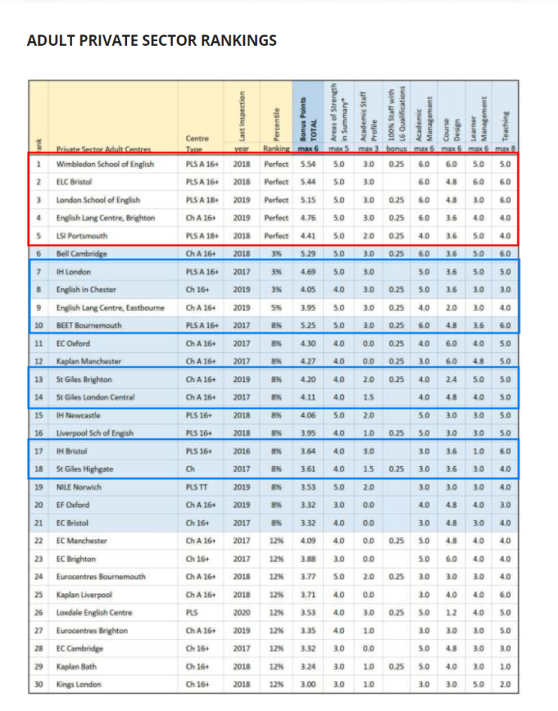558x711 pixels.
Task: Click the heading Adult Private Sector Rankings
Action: [x=151, y=40]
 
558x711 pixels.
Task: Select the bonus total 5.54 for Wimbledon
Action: [x=306, y=163]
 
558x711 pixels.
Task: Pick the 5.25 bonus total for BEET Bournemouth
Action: [x=306, y=325]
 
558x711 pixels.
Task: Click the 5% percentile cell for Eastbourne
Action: [x=276, y=307]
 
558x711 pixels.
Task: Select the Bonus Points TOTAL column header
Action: [x=304, y=120]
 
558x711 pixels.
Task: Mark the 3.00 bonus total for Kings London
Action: [x=306, y=685]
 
